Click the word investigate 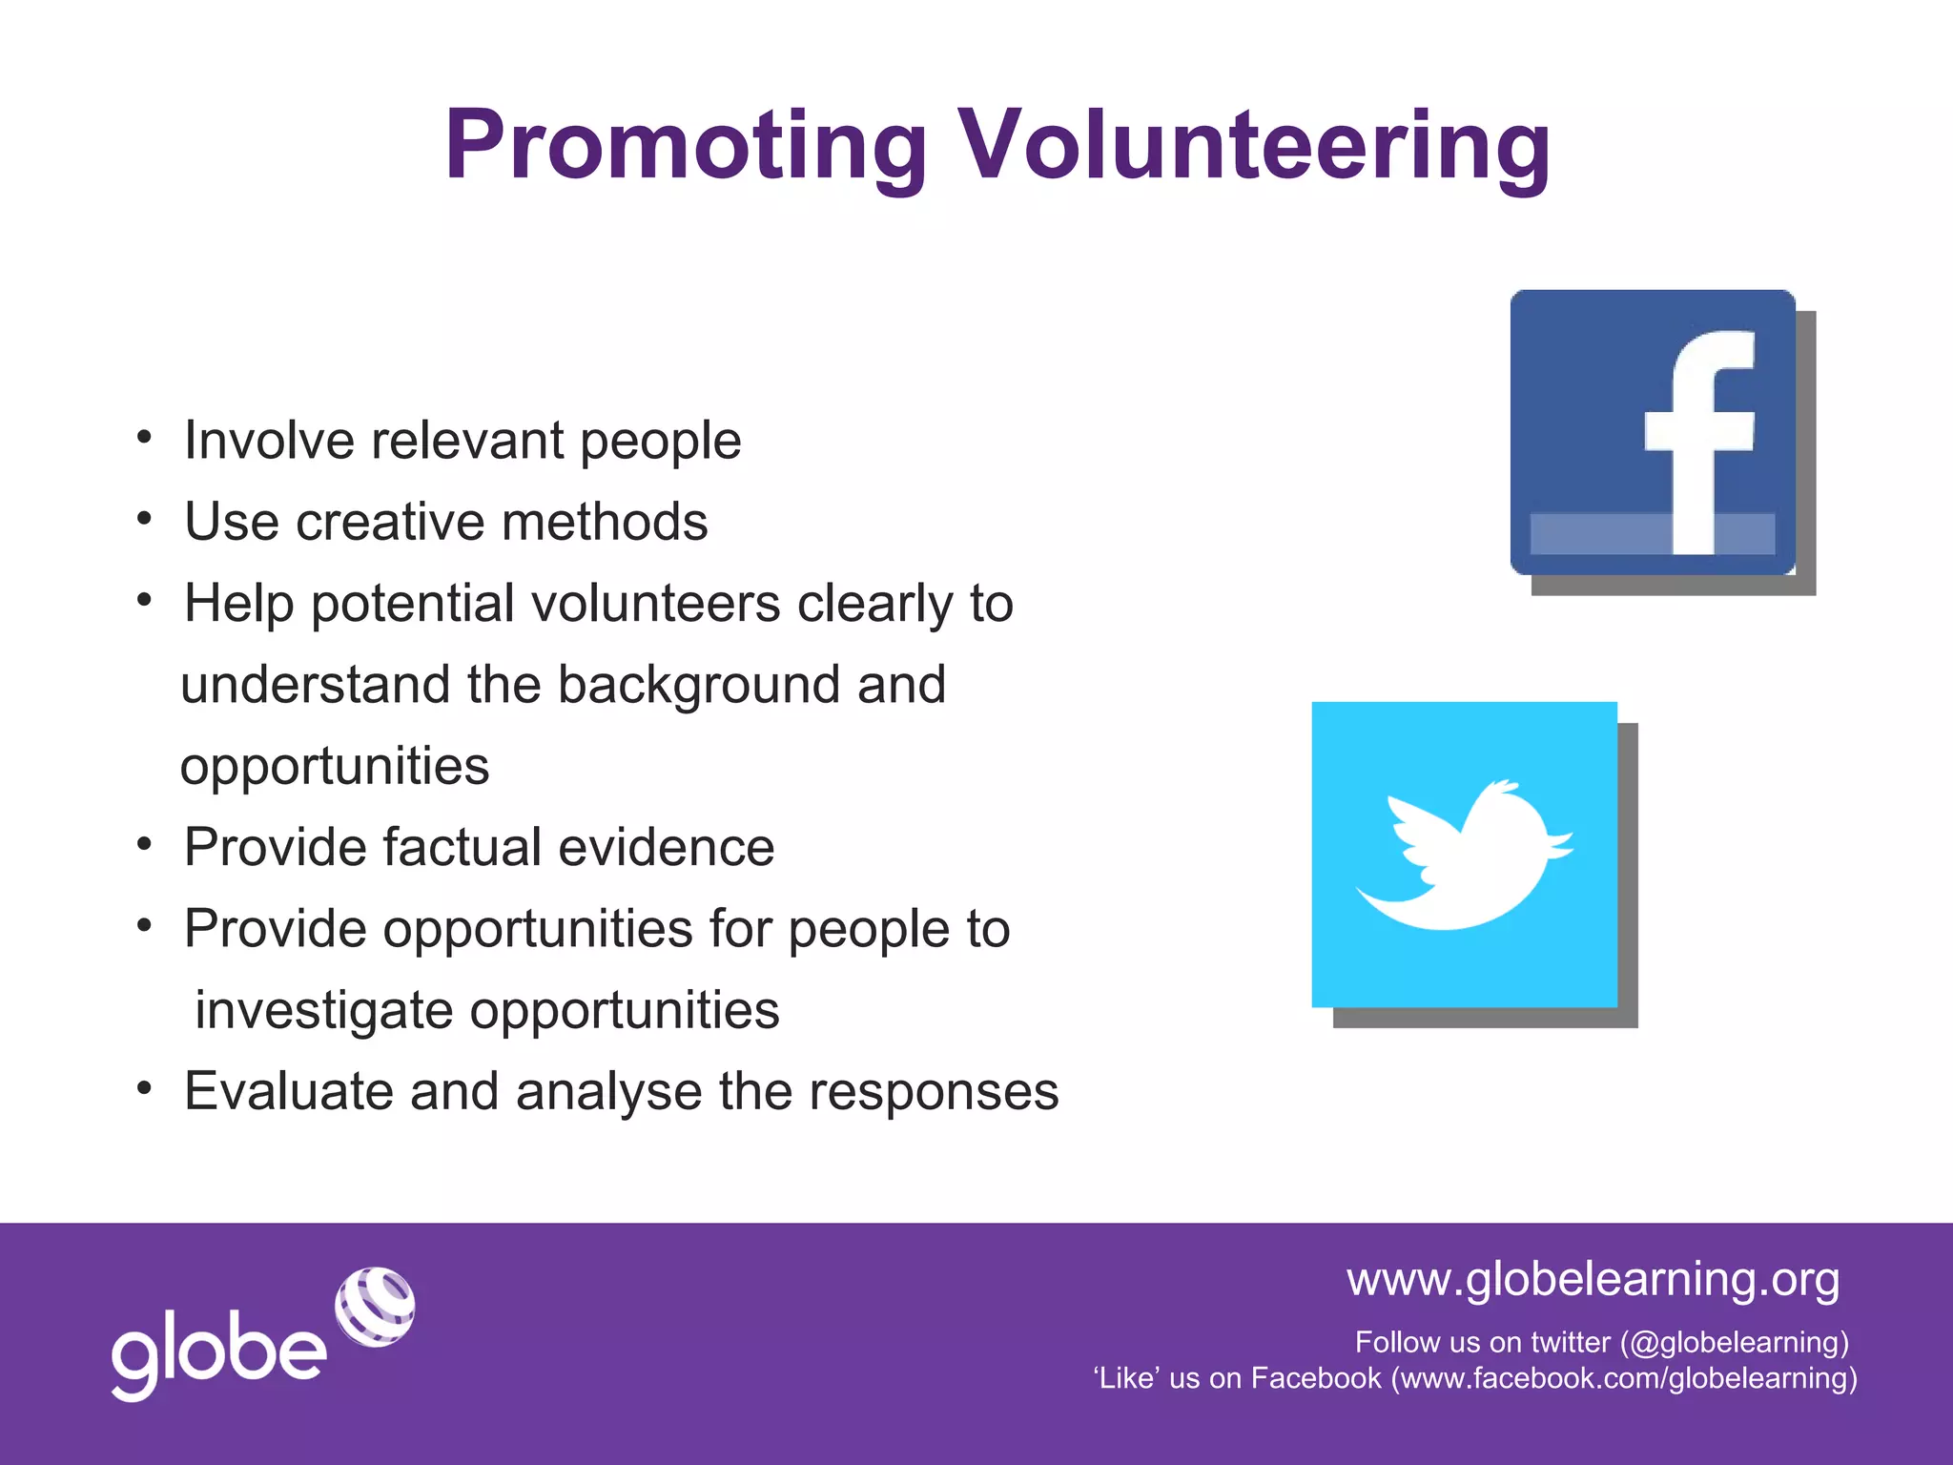pos(323,1011)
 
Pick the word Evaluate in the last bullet pos(288,1092)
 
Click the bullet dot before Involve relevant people pos(144,438)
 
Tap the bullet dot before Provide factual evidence pos(144,845)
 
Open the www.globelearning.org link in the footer pos(1593,1279)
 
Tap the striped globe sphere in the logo pos(375,1307)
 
